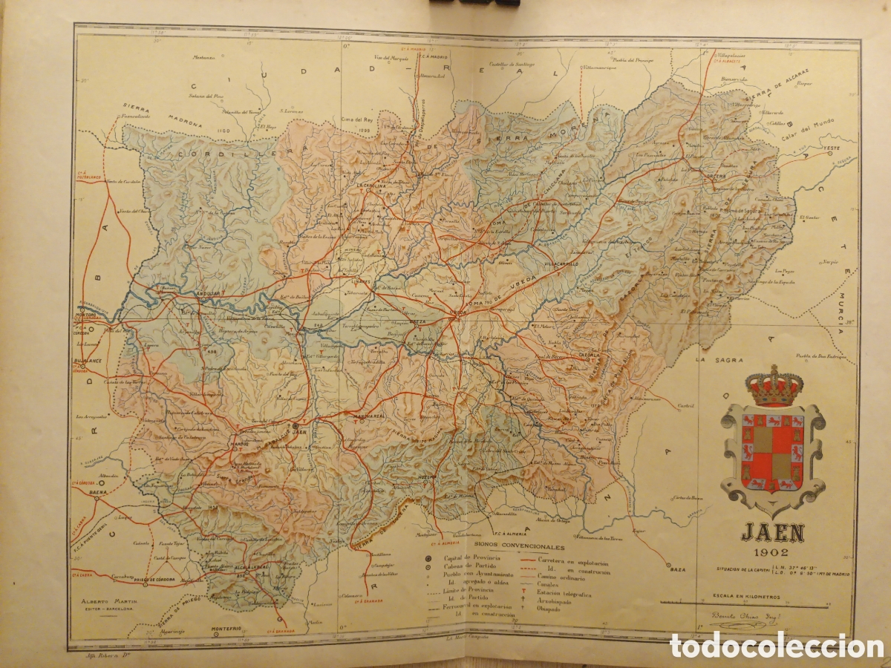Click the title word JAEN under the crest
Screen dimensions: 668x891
(771, 533)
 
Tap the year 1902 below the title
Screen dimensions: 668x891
(771, 551)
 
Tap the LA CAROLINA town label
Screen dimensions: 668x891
(371, 186)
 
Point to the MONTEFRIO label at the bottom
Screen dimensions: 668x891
(226, 629)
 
